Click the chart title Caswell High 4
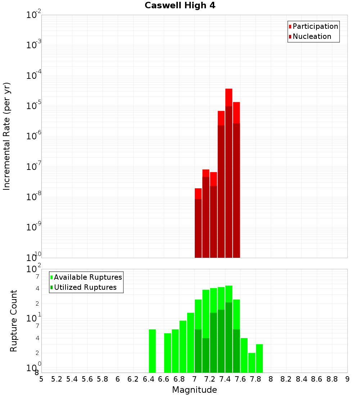(x=180, y=5)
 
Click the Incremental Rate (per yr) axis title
(x=7, y=136)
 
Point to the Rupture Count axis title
(x=14, y=321)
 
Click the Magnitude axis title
(x=194, y=390)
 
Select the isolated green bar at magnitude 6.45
(x=152, y=351)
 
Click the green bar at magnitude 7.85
(x=259, y=358)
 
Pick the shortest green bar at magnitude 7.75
(x=252, y=363)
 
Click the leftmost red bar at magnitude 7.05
(x=198, y=223)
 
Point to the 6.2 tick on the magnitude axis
(x=133, y=379)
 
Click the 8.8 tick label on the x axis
(x=332, y=379)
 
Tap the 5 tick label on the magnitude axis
(x=41, y=379)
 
